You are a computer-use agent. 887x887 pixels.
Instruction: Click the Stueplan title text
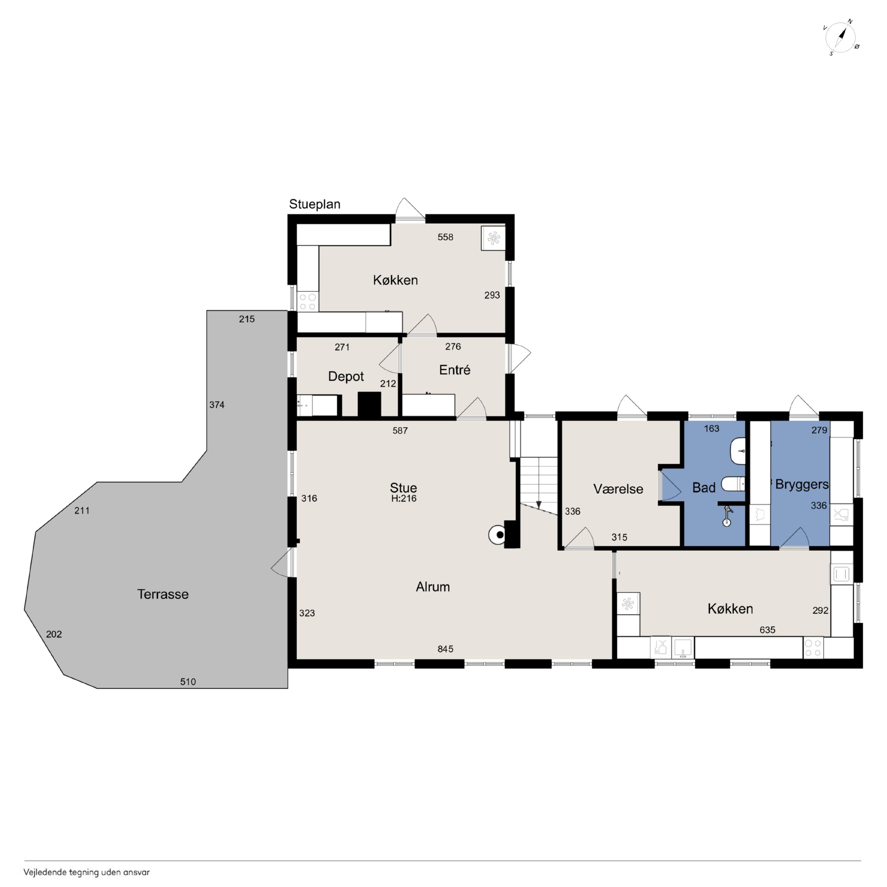coord(315,205)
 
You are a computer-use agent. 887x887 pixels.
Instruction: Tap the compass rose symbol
coord(841,38)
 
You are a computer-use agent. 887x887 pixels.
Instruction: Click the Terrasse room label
coord(163,594)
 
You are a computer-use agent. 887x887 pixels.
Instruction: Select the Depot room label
coord(346,377)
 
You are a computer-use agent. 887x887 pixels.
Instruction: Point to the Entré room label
coord(455,370)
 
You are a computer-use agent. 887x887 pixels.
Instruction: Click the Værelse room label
coord(618,489)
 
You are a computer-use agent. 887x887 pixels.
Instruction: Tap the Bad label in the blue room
coord(704,488)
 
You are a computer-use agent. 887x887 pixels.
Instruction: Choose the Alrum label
coord(433,587)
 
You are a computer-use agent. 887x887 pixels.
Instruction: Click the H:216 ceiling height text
coord(404,498)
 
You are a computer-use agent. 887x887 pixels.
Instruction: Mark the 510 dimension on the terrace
coord(188,682)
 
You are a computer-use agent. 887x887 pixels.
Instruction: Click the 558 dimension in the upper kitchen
coord(445,237)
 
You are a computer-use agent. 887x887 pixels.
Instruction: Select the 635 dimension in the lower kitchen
coord(768,630)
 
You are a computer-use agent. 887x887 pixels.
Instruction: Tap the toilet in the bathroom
coord(733,484)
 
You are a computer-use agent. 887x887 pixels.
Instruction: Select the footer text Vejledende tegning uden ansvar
coord(87,872)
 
